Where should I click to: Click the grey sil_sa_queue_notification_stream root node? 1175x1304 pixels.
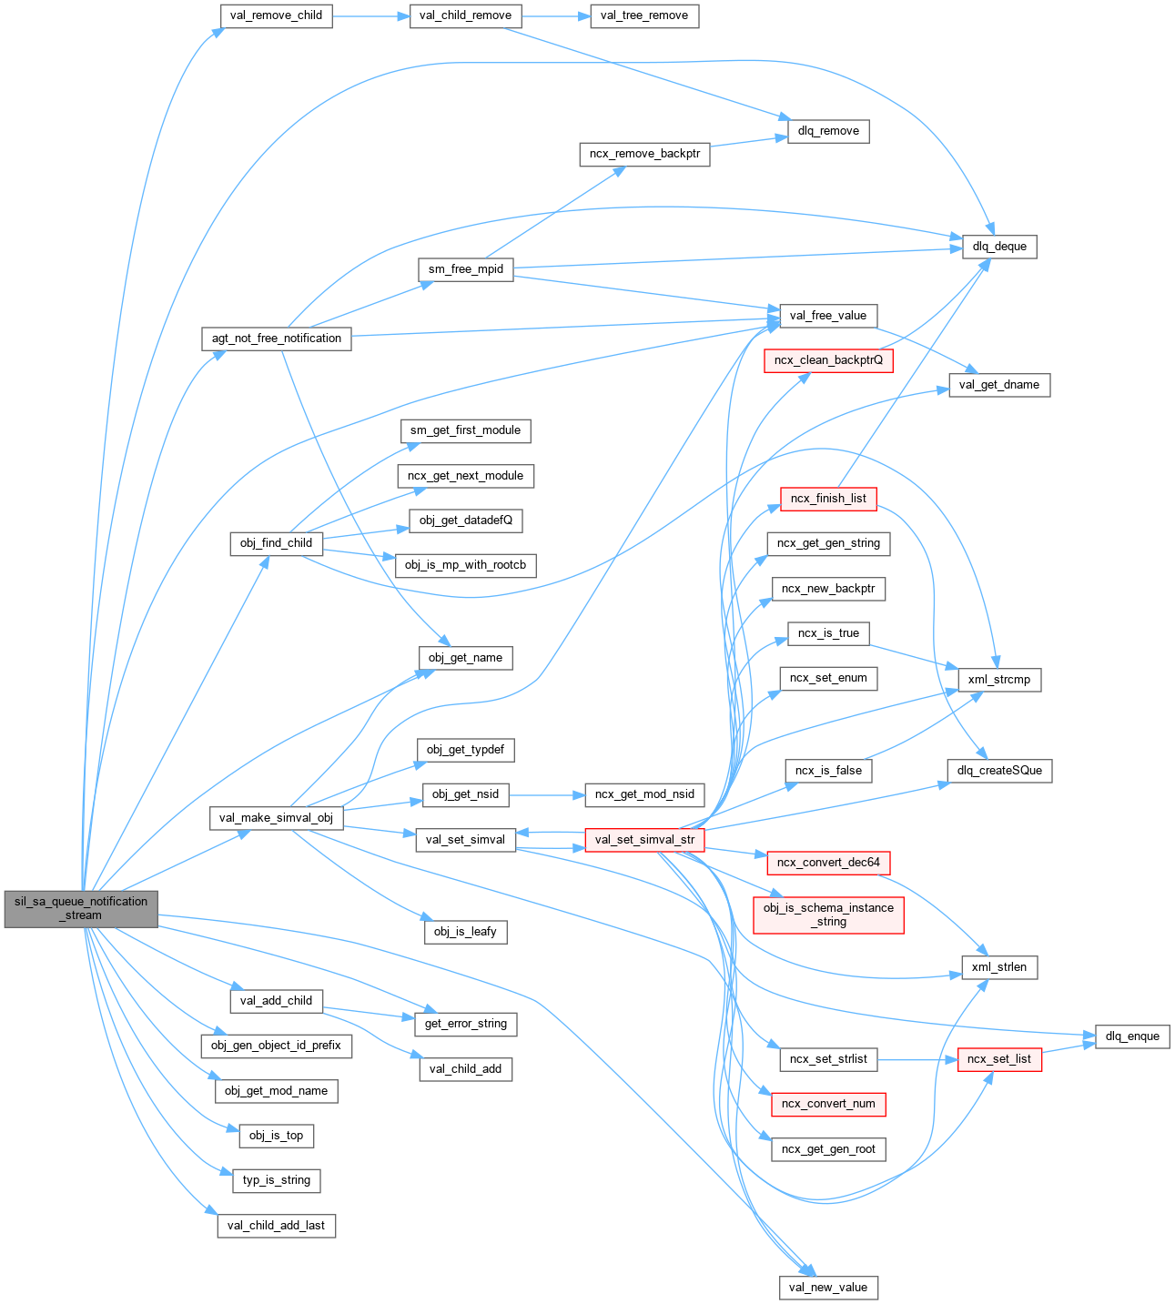[81, 908]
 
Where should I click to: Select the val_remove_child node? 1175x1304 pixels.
[276, 15]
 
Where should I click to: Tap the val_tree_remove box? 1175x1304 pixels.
[644, 15]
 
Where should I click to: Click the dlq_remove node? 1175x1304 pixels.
[828, 131]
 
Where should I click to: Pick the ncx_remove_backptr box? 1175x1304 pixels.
[644, 154]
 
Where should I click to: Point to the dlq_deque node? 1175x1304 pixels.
[999, 247]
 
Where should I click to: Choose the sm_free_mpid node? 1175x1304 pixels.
[466, 269]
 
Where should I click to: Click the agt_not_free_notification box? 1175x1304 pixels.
[277, 339]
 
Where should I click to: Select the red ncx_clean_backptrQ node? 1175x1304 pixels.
[828, 360]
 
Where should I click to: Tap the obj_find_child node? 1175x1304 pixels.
[276, 543]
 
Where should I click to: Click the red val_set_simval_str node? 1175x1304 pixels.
[644, 840]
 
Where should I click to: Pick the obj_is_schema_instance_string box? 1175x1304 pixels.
[828, 915]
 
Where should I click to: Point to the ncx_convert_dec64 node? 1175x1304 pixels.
[828, 862]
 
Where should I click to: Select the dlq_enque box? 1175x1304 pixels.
[1132, 1036]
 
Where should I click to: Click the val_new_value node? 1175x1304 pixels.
[828, 1288]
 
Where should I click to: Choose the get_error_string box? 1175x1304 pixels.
[466, 1024]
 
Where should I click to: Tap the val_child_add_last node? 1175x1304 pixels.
[276, 1226]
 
